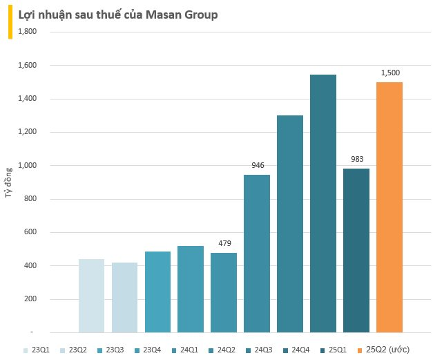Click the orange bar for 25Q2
[x=389, y=207]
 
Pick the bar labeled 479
[x=224, y=292]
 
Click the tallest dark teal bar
[x=323, y=203]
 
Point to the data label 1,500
[x=390, y=73]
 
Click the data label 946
[x=258, y=165]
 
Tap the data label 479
[x=224, y=243]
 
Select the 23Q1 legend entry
[x=39, y=351]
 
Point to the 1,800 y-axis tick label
[x=26, y=32]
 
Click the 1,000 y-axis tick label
[x=26, y=166]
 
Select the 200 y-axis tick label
[x=30, y=300]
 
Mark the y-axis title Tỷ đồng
[x=9, y=182]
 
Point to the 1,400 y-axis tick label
[x=26, y=99]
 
